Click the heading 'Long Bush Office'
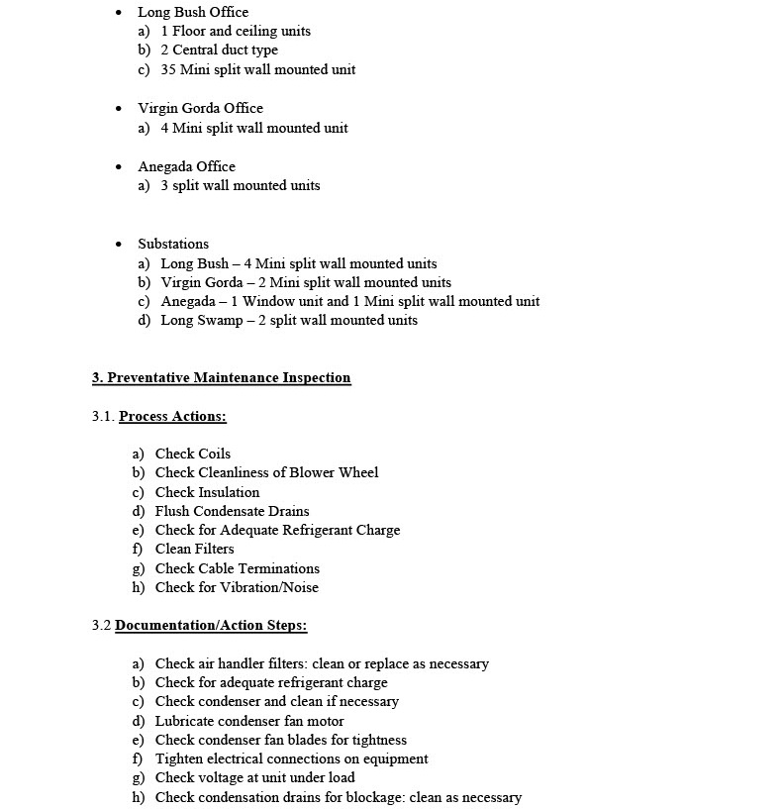[x=193, y=12]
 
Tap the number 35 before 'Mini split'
[x=168, y=69]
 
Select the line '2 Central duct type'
[x=219, y=50]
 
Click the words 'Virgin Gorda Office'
[x=200, y=108]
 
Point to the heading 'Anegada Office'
[x=186, y=166]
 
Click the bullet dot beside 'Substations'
[x=119, y=244]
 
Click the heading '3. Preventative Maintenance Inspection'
[x=221, y=377]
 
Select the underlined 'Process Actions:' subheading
[x=172, y=416]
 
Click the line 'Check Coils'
[x=192, y=454]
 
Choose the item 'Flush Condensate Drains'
[x=232, y=511]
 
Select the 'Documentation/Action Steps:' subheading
[x=211, y=625]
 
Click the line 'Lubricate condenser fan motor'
[x=249, y=721]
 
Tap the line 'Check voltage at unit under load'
[x=254, y=777]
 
